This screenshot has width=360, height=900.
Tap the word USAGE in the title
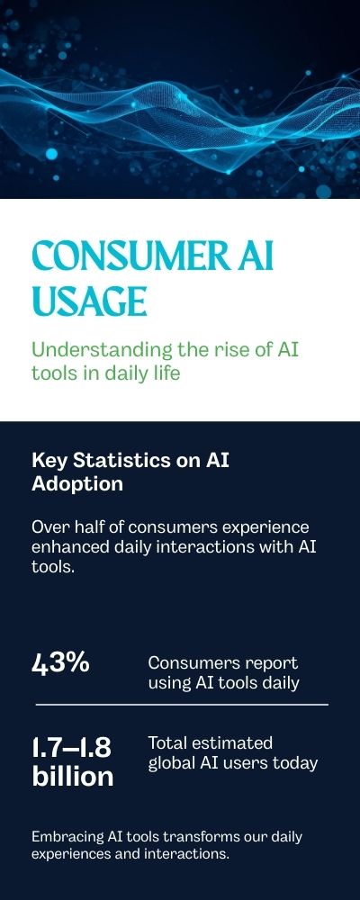tap(88, 301)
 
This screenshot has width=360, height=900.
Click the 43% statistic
tap(61, 663)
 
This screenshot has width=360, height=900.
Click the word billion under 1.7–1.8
tap(73, 777)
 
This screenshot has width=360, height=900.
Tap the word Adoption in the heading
tap(77, 483)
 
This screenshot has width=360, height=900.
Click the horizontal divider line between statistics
tap(180, 705)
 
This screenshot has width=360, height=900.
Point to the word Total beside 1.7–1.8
tap(167, 743)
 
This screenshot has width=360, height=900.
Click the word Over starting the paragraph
tap(49, 526)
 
